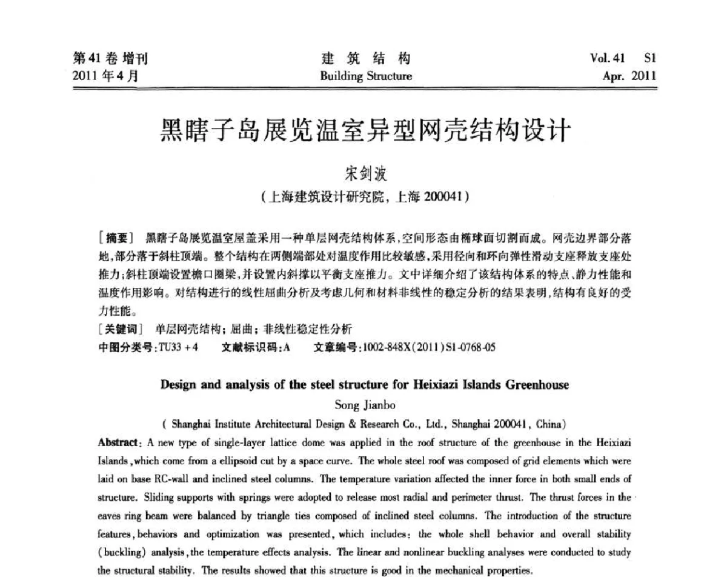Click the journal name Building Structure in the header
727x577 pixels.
click(365, 76)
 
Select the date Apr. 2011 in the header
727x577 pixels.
click(629, 76)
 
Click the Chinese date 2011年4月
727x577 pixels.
click(105, 76)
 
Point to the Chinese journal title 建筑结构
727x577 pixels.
click(365, 59)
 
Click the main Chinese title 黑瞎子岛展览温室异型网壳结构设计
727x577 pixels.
click(365, 130)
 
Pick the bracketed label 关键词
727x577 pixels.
click(119, 329)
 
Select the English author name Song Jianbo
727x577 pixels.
click(365, 405)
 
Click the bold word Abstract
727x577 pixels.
click(118, 442)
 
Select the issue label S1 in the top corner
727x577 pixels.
click(650, 59)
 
